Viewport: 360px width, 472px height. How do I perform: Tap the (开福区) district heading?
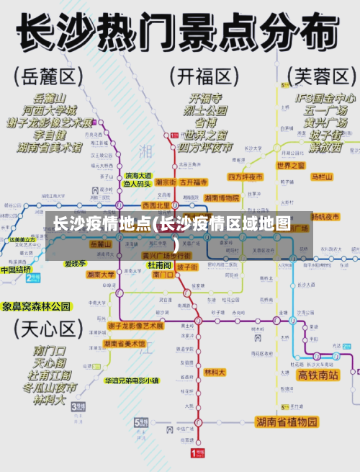204,75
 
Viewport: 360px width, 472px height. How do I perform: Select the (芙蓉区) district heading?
322,75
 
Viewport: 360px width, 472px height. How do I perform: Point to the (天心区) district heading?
47,330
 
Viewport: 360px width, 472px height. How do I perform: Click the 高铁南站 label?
318,375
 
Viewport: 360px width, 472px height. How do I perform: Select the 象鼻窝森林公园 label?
37,306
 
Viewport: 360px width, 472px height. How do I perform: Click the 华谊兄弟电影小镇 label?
132,380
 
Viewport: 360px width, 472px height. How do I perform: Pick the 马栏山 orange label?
322,177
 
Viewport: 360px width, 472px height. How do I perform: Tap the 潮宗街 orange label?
165,182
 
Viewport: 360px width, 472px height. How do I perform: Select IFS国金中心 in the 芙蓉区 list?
325,97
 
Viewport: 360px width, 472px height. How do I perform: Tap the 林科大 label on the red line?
215,373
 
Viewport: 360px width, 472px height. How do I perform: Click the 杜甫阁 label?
160,264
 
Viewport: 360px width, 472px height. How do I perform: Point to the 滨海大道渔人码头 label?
138,179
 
